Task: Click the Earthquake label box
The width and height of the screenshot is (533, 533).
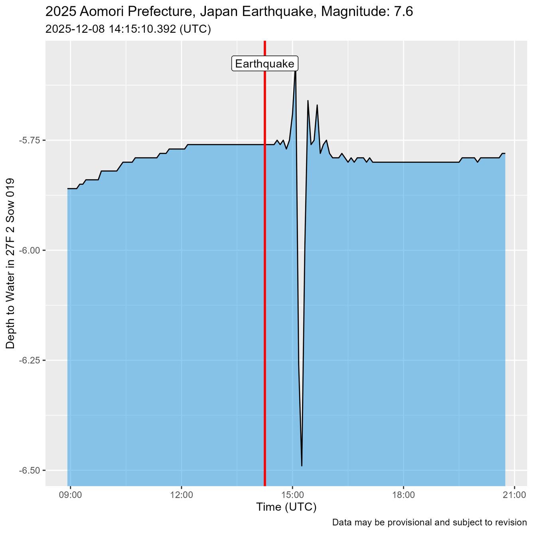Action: (265, 64)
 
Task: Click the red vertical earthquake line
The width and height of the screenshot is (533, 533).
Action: (265, 279)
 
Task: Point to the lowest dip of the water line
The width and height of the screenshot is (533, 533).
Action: (302, 465)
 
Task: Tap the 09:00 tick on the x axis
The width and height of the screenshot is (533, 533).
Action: (71, 495)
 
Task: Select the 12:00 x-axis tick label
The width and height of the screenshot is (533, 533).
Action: (182, 495)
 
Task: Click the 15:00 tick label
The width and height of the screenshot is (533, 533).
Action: (292, 495)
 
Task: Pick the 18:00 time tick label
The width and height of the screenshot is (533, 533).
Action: (403, 495)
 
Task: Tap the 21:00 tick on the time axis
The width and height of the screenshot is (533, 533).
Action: (514, 495)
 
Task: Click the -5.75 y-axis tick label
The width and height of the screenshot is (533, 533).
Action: (30, 140)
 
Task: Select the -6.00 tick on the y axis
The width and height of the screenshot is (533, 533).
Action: (30, 251)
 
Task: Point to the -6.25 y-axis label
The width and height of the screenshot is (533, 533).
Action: (30, 361)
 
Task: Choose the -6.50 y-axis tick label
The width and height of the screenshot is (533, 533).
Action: (30, 471)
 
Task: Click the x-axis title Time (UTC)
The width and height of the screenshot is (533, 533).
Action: (286, 507)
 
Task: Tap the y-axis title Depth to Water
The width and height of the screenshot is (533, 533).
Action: (11, 263)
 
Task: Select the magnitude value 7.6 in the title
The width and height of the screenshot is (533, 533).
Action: (403, 12)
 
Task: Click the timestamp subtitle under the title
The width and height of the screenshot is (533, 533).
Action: (128, 30)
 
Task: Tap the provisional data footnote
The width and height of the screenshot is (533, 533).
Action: (429, 522)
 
